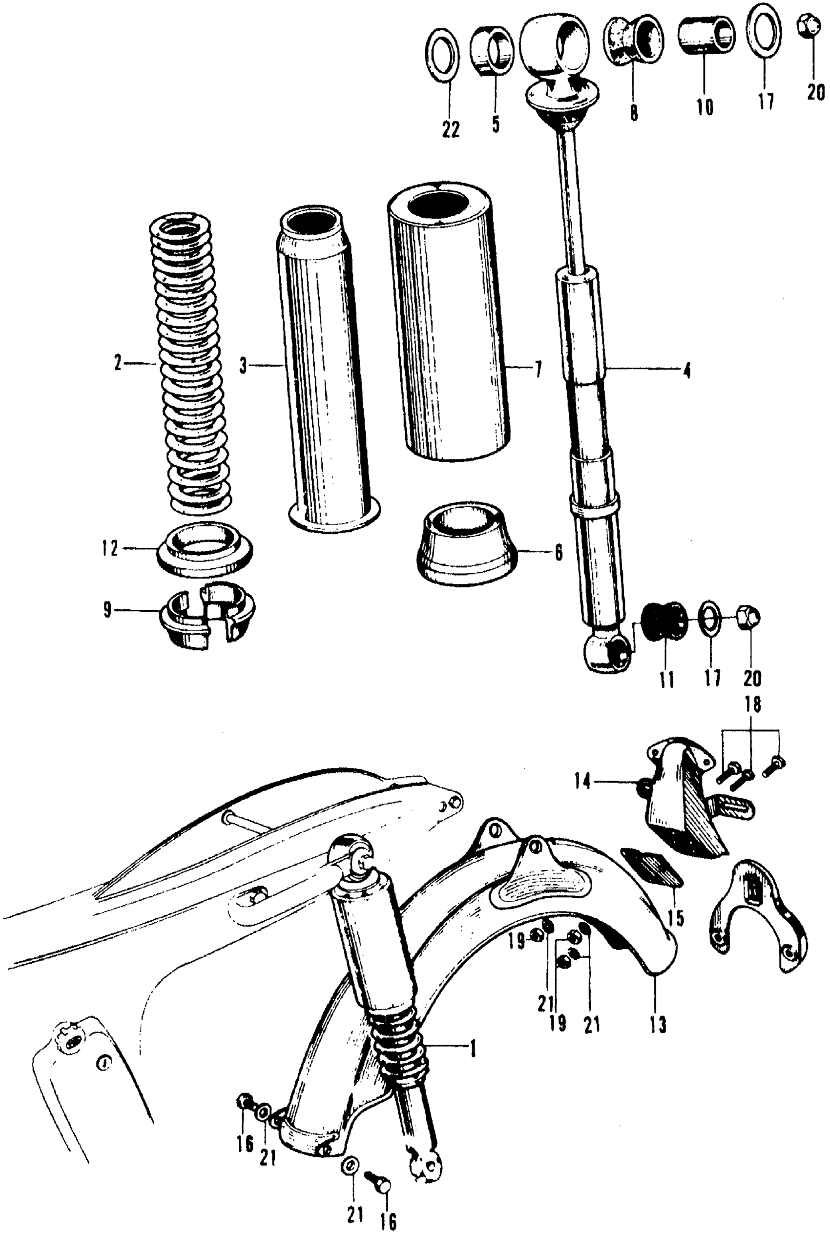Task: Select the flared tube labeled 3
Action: tap(328, 371)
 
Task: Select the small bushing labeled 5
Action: tap(492, 53)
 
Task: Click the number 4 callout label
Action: tap(686, 371)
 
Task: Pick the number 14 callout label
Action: tap(582, 782)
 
